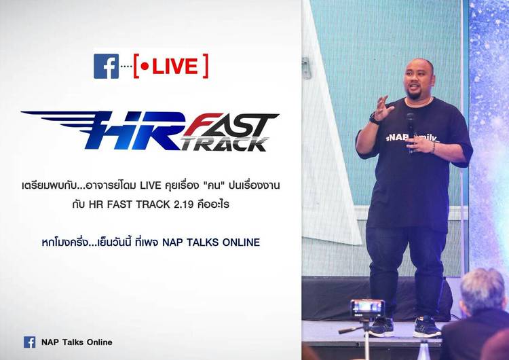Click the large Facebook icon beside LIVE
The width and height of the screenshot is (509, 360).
point(106,67)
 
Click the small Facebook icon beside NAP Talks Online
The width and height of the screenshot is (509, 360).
point(30,342)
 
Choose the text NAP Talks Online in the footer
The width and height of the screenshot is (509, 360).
point(77,342)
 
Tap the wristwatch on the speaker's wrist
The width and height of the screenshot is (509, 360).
point(374,119)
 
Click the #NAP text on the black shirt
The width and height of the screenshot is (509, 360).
point(396,137)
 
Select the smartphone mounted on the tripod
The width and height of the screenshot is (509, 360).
point(367,308)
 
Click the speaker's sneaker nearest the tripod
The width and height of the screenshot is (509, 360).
point(381,326)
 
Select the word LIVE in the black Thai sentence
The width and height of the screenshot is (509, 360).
point(150,185)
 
